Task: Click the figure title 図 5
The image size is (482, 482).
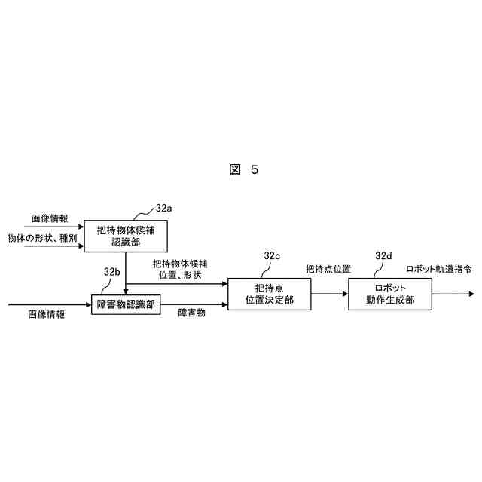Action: pyautogui.click(x=243, y=169)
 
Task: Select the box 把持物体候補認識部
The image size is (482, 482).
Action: pyautogui.click(x=125, y=236)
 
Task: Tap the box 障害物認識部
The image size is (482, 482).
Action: pyautogui.click(x=126, y=304)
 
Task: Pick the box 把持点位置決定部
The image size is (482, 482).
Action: pyautogui.click(x=270, y=294)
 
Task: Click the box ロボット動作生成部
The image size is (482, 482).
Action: pyautogui.click(x=389, y=294)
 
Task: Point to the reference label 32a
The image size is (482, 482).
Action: pyautogui.click(x=164, y=207)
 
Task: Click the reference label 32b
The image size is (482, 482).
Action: pyautogui.click(x=112, y=271)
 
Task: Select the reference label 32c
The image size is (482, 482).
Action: pyautogui.click(x=272, y=256)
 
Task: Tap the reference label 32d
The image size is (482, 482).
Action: pyautogui.click(x=383, y=256)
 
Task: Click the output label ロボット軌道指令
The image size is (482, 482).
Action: pyautogui.click(x=439, y=269)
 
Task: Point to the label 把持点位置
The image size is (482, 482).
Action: pyautogui.click(x=328, y=269)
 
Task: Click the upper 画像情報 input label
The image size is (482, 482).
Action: pyautogui.click(x=49, y=218)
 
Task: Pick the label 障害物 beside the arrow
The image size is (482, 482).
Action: pyautogui.click(x=191, y=312)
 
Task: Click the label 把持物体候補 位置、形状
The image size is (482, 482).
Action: pyautogui.click(x=180, y=270)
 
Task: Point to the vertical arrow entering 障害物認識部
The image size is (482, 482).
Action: pyautogui.click(x=125, y=273)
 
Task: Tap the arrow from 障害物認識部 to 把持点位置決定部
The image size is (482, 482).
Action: pyautogui.click(x=194, y=304)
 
